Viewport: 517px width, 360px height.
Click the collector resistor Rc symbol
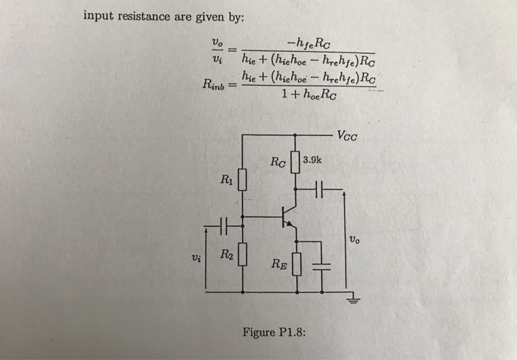tap(295, 161)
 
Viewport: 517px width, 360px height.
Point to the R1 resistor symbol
tap(241, 180)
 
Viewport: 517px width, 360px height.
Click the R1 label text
tap(225, 178)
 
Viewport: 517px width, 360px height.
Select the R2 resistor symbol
tap(241, 257)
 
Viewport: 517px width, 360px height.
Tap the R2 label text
tap(225, 255)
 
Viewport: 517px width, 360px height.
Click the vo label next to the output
tap(356, 239)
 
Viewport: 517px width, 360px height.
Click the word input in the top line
tap(99, 16)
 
